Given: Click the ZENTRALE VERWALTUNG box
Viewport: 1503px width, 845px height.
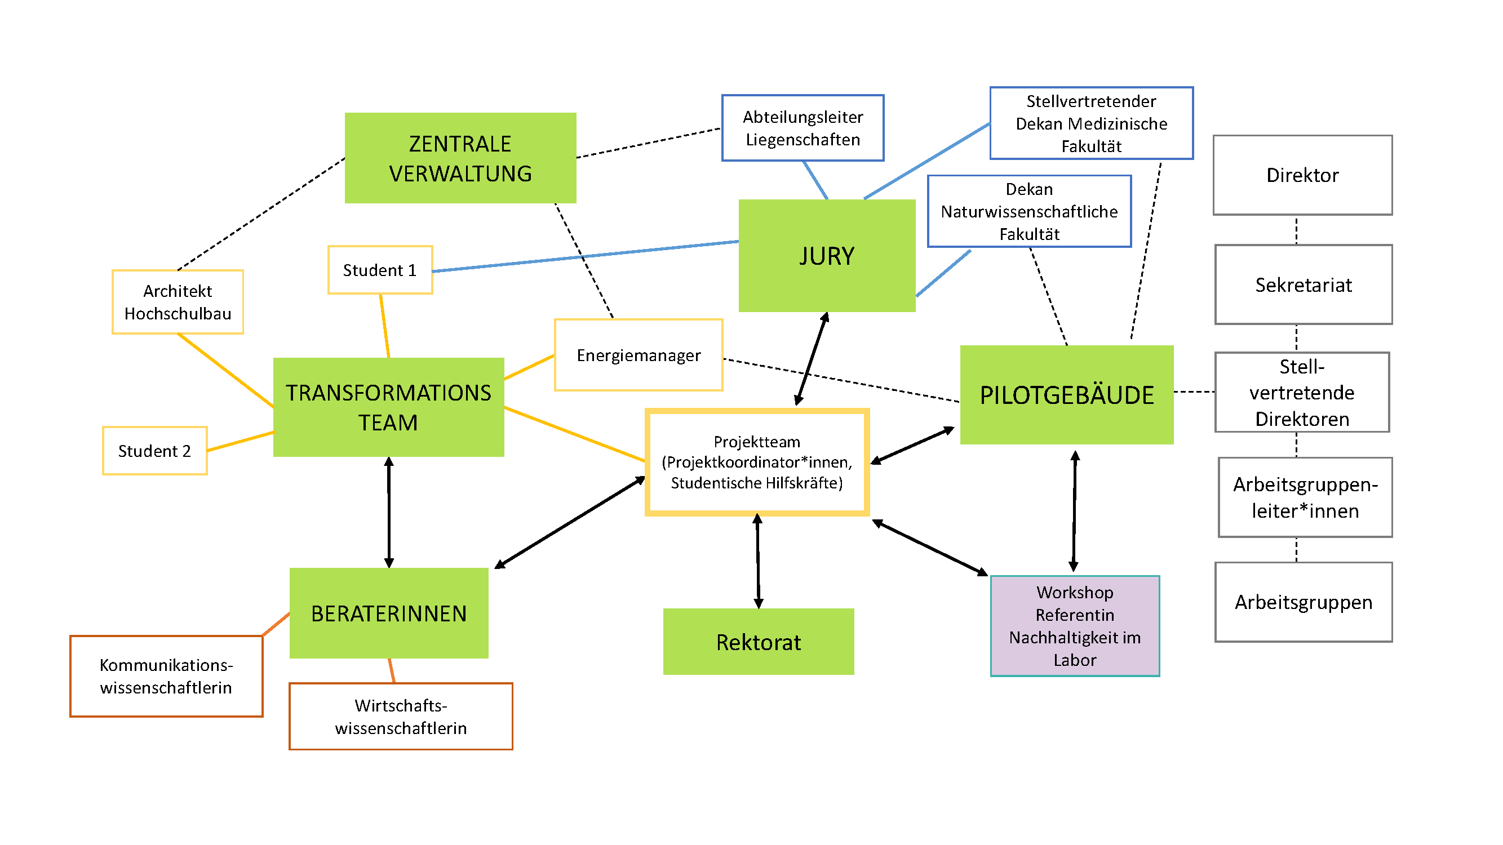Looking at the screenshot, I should tap(460, 158).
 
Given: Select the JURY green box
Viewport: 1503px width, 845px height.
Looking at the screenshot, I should tap(826, 255).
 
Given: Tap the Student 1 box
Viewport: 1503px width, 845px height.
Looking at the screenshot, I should tap(380, 270).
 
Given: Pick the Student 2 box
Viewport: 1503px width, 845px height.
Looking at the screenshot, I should tap(154, 451).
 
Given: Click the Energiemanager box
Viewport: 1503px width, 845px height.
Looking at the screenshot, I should tap(639, 355).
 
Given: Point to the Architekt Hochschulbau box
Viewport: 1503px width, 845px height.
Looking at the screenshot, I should tap(178, 302).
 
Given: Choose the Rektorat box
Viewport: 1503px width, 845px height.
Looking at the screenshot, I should tap(758, 642).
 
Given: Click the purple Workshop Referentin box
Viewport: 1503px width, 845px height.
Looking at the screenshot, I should tap(1074, 626).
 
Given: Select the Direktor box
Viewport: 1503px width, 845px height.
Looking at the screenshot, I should tap(1302, 175).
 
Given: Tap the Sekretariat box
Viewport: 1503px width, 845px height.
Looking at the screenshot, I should tap(1303, 284).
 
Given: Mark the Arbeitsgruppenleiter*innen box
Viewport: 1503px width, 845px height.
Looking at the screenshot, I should tap(1305, 497).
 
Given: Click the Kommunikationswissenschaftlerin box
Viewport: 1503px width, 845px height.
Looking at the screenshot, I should tap(166, 676).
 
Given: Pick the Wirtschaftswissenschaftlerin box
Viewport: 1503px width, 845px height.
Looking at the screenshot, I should tap(400, 716).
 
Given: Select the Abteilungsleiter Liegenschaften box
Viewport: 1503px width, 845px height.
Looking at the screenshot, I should tap(803, 128).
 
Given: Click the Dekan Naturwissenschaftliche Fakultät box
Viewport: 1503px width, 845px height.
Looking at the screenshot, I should tap(1028, 211).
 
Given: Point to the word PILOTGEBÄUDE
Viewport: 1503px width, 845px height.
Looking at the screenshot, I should tap(1066, 395).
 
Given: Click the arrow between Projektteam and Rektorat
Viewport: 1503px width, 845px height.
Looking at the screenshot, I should tap(757, 561).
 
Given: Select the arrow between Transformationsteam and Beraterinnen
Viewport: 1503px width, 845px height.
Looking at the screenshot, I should tap(389, 512).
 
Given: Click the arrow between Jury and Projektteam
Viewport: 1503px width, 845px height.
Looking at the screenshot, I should tap(811, 359).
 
